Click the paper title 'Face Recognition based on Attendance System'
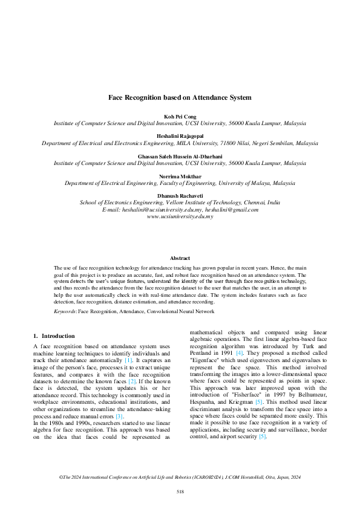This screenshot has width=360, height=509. coord(180,97)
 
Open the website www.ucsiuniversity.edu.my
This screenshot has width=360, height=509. coord(180,216)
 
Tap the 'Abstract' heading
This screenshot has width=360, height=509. coord(180,258)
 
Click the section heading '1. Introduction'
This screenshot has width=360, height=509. coord(54,336)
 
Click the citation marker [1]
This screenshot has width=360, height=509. coord(128,360)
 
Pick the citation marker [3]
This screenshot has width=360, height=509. coord(119,416)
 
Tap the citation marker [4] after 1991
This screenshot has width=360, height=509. coord(240,352)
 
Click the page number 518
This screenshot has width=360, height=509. coord(180,491)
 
